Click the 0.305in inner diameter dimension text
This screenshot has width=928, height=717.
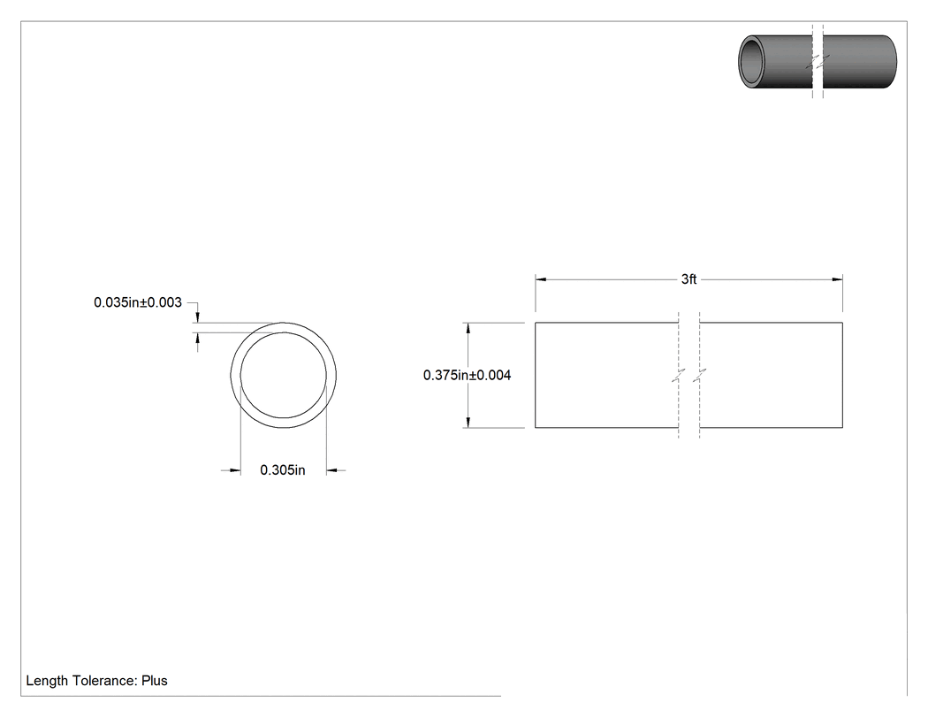pyautogui.click(x=282, y=470)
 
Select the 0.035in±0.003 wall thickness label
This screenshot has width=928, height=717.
pyautogui.click(x=137, y=302)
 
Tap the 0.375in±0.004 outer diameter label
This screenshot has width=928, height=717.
pyautogui.click(x=467, y=375)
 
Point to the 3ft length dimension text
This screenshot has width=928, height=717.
pyautogui.click(x=688, y=279)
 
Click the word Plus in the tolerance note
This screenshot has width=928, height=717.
pyautogui.click(x=155, y=681)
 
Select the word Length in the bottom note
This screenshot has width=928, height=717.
pyautogui.click(x=48, y=682)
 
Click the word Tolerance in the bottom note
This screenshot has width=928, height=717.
pyautogui.click(x=105, y=681)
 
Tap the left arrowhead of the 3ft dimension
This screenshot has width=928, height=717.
pyautogui.click(x=540, y=279)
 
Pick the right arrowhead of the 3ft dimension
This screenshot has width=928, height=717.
pyautogui.click(x=838, y=279)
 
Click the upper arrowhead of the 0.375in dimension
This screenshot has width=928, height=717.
pyautogui.click(x=468, y=328)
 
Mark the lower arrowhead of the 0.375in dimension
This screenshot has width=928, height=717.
pyautogui.click(x=468, y=422)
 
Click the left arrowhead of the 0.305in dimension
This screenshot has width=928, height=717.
pyautogui.click(x=235, y=470)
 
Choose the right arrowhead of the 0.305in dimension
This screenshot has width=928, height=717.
pyautogui.click(x=331, y=470)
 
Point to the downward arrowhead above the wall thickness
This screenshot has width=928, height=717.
pyautogui.click(x=198, y=317)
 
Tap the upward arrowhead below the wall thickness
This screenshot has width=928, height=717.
pyautogui.click(x=198, y=338)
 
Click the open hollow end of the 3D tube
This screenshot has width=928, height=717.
pyautogui.click(x=752, y=62)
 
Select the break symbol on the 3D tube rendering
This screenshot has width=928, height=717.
pyautogui.click(x=818, y=61)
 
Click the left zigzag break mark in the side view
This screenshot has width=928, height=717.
pyautogui.click(x=678, y=375)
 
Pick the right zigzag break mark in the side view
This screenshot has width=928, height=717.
pyautogui.click(x=700, y=375)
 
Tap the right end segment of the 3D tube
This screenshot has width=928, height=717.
pyautogui.click(x=859, y=62)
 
